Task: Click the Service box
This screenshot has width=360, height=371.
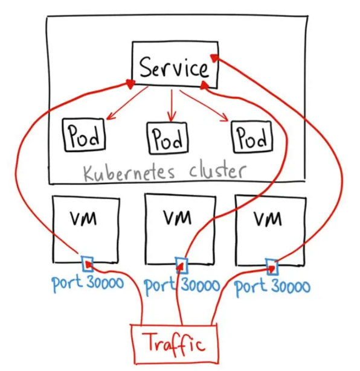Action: (175, 65)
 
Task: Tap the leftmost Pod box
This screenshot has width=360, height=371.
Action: (83, 135)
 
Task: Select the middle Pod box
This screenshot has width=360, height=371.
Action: (168, 138)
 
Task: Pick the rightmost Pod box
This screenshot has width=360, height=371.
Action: (252, 136)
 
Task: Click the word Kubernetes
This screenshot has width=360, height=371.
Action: (129, 173)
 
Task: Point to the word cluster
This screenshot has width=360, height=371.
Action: (218, 171)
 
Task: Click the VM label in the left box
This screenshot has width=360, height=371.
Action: (83, 218)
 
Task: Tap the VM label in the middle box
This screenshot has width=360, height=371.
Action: (178, 217)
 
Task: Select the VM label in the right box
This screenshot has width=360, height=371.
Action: (268, 219)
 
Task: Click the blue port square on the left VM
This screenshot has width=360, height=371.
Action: (88, 264)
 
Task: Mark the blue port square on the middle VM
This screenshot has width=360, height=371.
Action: (182, 265)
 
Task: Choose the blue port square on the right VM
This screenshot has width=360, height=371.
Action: (272, 267)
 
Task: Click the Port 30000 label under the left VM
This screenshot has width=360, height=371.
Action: (88, 284)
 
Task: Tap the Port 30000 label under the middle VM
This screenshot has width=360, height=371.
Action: (182, 287)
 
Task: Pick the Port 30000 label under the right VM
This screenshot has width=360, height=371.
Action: (272, 287)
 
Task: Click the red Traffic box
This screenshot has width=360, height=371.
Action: (175, 344)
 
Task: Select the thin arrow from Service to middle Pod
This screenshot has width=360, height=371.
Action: (172, 106)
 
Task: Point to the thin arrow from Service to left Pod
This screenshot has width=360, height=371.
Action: (127, 103)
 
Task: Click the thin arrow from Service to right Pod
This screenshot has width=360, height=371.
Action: (204, 106)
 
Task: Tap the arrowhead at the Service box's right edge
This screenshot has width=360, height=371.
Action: (214, 58)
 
